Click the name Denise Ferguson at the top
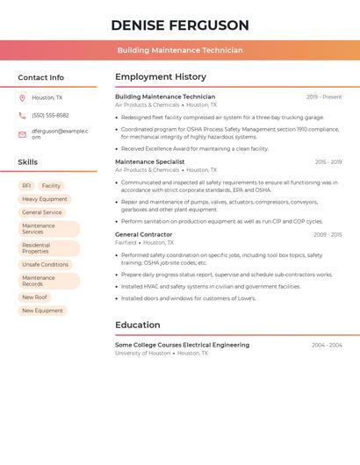point(180,25)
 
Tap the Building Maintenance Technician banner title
point(180,50)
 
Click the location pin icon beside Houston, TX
point(22,98)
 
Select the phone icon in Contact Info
point(22,116)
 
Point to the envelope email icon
point(22,134)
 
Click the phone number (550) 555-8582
point(50,116)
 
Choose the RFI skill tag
point(26,186)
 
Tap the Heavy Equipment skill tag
point(44,199)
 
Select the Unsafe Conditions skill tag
point(45,264)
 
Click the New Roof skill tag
point(34,297)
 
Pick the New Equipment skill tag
point(42,311)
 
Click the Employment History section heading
point(160,77)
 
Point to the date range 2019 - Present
point(324,97)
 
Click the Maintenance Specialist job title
point(149,162)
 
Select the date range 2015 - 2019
point(328,162)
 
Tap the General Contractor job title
point(143,235)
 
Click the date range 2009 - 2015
point(328,235)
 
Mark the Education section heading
point(137,325)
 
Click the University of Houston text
point(142,354)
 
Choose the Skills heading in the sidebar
point(27,162)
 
